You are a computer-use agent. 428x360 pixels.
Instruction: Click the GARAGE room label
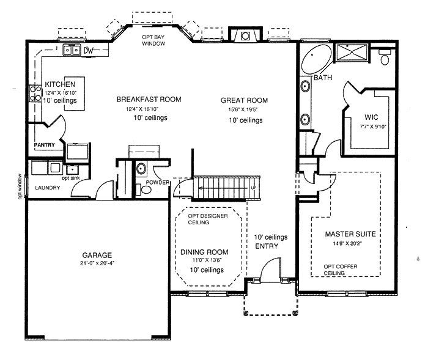pos(97,255)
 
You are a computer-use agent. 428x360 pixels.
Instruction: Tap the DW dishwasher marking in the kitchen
pos(89,51)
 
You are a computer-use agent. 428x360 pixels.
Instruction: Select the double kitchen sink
pos(72,50)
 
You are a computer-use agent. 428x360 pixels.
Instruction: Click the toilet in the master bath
pos(385,57)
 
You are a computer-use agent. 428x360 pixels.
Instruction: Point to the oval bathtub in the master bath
pos(316,59)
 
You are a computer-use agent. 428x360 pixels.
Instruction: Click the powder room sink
pos(141,169)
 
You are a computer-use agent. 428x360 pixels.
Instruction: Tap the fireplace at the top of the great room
pos(245,35)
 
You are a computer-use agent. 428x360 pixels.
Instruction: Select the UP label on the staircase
pos(254,188)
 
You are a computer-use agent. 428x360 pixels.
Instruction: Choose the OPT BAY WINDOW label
pos(153,40)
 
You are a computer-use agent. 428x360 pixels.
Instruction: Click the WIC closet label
pos(371,117)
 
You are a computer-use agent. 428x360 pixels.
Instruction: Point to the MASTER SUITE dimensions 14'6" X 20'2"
pos(347,243)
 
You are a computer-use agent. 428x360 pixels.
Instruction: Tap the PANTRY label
pos(44,145)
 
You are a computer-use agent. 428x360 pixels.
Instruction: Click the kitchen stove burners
pos(35,94)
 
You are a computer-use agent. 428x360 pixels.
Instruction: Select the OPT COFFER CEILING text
pos(341,270)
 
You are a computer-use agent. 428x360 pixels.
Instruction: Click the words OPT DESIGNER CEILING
pos(208,219)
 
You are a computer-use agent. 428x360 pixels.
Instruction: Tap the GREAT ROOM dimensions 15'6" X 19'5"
pos(243,109)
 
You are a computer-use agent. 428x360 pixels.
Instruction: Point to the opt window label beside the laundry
pos(20,186)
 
